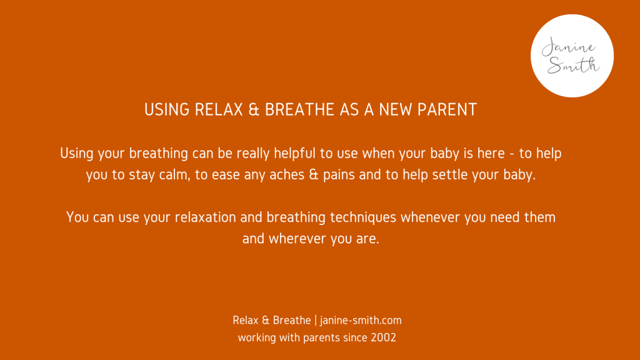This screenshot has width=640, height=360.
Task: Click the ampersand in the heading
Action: pyautogui.click(x=254, y=110)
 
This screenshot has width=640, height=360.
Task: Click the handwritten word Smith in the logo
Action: pyautogui.click(x=574, y=65)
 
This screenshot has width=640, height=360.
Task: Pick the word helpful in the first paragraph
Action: pyautogui.click(x=295, y=153)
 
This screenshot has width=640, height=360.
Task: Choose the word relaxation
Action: pyautogui.click(x=205, y=217)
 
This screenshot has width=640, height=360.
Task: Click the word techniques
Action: pyautogui.click(x=363, y=217)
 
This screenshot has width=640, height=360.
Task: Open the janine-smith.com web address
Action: pyautogui.click(x=361, y=321)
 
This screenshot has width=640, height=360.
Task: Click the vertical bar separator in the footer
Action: pyautogui.click(x=316, y=321)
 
